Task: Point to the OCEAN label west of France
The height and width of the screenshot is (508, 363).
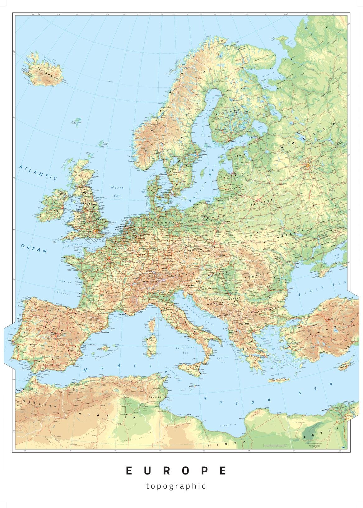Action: tap(34, 248)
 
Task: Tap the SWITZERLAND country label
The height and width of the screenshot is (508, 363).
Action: tap(151, 282)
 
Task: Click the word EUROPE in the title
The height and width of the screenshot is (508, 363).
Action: tap(176, 471)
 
